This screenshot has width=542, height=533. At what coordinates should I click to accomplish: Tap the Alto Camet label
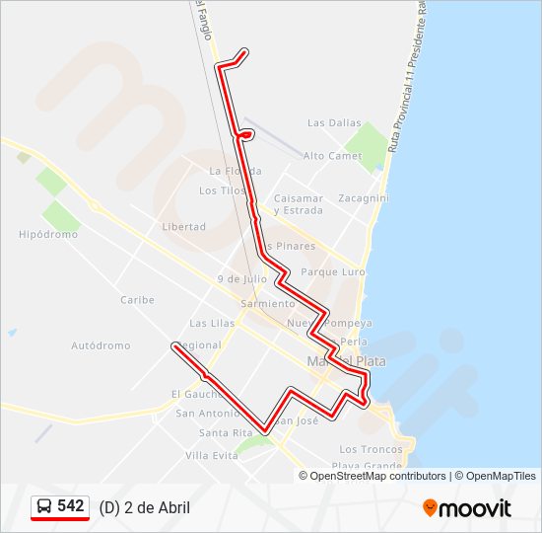(x=332, y=156)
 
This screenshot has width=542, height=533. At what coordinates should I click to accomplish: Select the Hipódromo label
(x=48, y=235)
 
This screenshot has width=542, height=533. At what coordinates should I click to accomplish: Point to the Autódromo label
(x=101, y=345)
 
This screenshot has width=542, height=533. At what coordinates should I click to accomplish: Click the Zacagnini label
(x=363, y=198)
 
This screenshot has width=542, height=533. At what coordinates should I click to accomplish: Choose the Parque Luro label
(x=333, y=271)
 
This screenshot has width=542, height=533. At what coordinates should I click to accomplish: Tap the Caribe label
(x=137, y=300)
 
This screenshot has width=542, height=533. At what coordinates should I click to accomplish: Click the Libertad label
(x=183, y=226)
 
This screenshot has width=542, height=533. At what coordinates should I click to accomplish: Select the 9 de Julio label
(x=242, y=279)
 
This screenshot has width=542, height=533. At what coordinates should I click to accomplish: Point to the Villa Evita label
(x=212, y=455)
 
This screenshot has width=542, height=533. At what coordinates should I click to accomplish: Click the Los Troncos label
(x=371, y=449)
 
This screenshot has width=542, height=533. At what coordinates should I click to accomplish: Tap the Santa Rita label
(x=226, y=433)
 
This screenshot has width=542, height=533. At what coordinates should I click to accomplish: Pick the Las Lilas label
(x=211, y=323)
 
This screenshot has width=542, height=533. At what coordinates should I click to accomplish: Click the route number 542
(x=71, y=506)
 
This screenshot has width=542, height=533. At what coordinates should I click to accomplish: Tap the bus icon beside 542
(x=44, y=507)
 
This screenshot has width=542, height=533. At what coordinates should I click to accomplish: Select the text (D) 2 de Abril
(x=145, y=507)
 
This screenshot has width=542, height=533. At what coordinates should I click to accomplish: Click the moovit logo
(x=467, y=508)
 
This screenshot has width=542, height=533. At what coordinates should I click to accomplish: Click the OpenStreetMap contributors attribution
(x=377, y=476)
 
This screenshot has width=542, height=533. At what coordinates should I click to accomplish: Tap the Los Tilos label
(x=222, y=190)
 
